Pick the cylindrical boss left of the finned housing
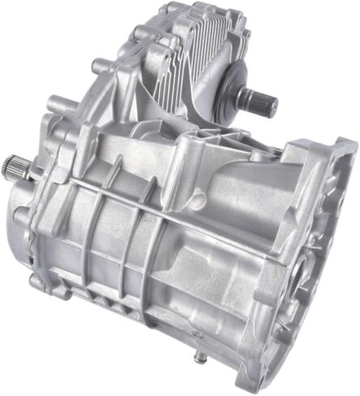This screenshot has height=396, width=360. click(x=101, y=62)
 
